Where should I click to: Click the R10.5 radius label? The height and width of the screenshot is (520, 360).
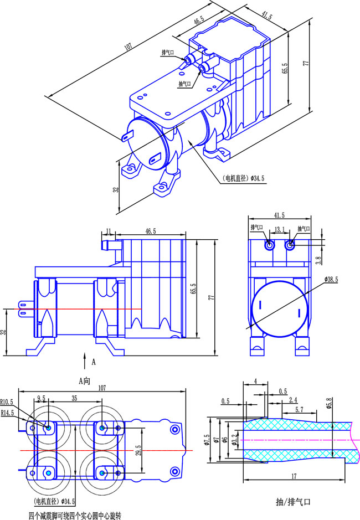pos(8,402)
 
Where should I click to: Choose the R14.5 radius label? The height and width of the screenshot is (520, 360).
pos(8,413)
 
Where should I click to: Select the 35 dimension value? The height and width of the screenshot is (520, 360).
pos(74,398)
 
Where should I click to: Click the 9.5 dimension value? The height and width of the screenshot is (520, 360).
pos(41,398)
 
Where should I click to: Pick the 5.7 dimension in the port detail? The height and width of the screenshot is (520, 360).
pos(299,409)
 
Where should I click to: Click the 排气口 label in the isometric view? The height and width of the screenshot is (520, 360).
pos(168,53)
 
